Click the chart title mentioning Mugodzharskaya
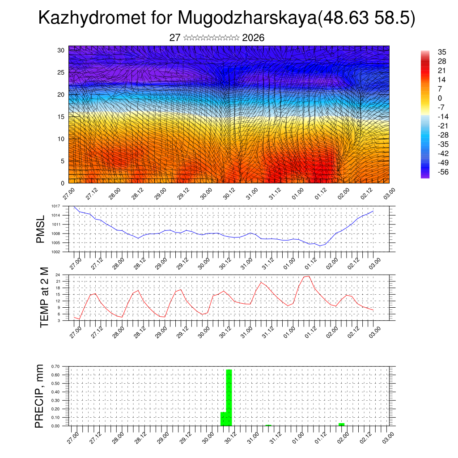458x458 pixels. click(x=227, y=18)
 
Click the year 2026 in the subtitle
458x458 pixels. click(x=253, y=38)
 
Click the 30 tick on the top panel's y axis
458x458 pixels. click(x=61, y=50)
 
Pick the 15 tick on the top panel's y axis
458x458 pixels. click(x=61, y=117)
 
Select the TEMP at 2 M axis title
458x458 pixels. click(x=44, y=297)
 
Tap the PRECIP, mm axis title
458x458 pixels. click(x=40, y=396)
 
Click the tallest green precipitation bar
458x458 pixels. click(x=229, y=397)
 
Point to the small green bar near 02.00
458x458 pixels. click(x=341, y=424)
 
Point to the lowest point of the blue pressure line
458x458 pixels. click(x=320, y=246)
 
